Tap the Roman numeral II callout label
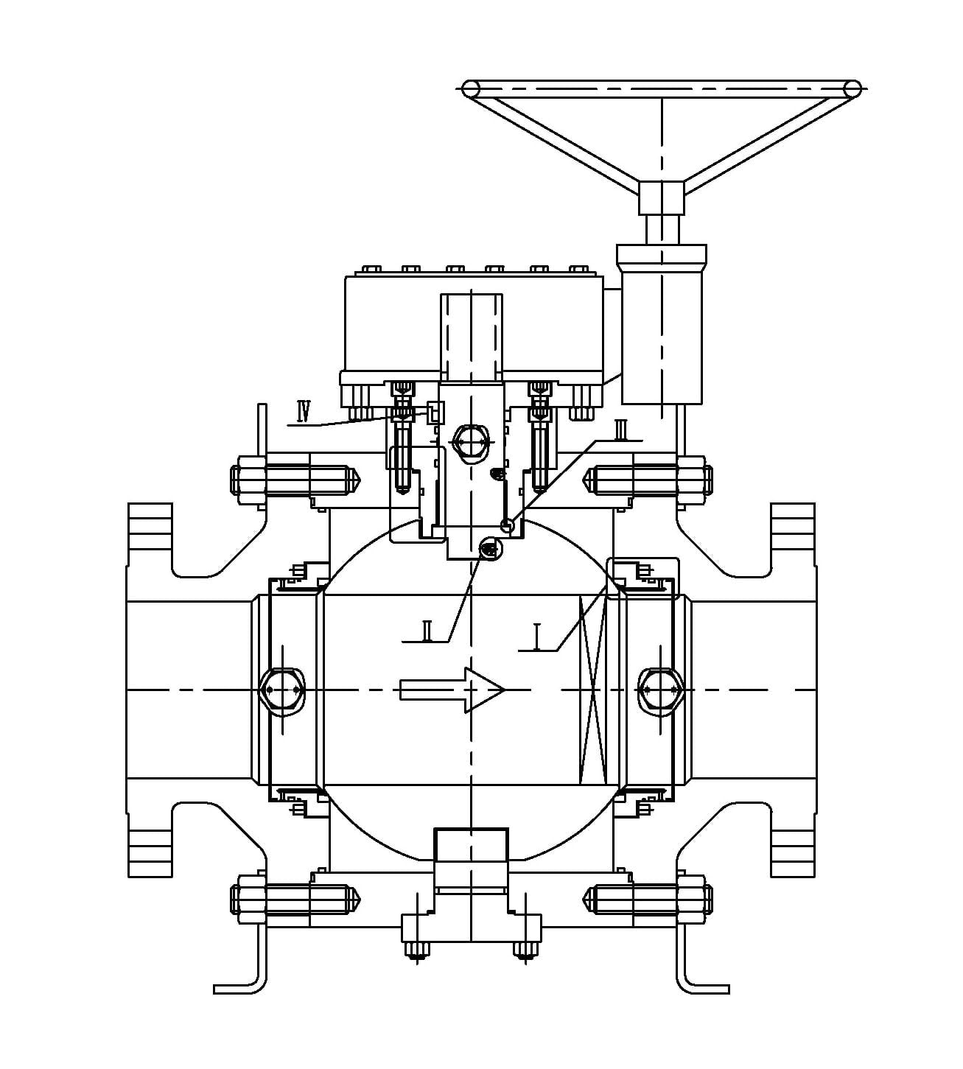426,631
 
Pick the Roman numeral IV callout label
304,409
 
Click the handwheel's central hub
661,197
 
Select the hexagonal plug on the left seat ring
282,690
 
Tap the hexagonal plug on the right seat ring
660,690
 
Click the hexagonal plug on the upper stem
470,442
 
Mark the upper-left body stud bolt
295,479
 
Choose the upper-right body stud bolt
648,479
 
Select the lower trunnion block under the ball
471,858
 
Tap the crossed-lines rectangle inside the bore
592,690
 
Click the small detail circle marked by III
506,525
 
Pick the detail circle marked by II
489,547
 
